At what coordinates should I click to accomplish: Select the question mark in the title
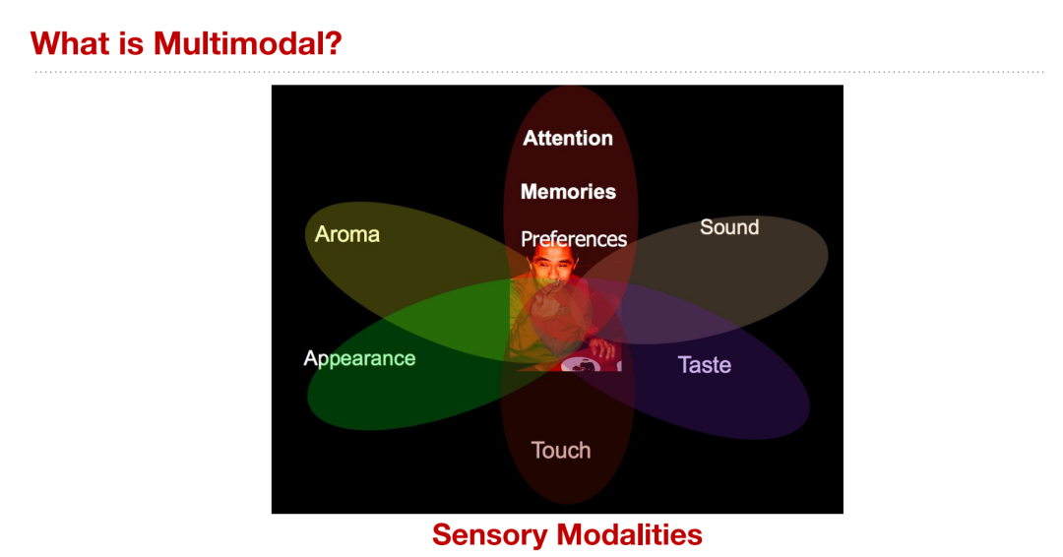coord(335,44)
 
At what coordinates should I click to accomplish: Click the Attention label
coord(568,138)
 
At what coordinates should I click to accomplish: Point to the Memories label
coord(568,192)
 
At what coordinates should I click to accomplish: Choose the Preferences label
coord(574,238)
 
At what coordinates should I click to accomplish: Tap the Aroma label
coord(347,234)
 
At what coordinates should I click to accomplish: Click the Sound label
coord(729,227)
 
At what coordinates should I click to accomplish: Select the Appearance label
coord(359,358)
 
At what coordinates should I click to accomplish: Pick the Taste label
coord(705,364)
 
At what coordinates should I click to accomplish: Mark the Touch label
coord(561,450)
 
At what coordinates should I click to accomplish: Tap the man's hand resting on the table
coord(602,348)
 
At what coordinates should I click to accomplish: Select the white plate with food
coord(579,364)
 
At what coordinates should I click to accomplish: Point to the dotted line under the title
coord(539,71)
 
